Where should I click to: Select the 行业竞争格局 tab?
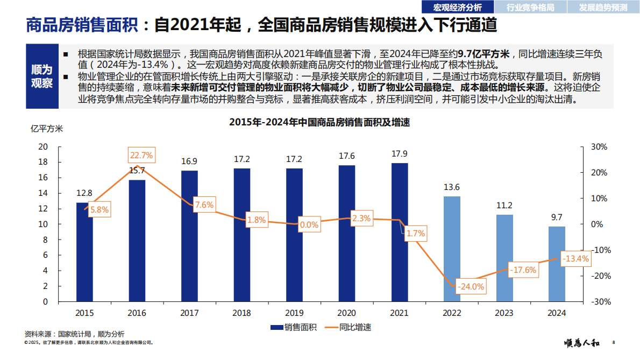click(530, 7)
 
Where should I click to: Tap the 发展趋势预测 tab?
click(603, 7)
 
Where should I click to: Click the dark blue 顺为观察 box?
click(41, 76)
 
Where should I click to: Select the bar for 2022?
click(452, 249)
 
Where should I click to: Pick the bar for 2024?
click(557, 264)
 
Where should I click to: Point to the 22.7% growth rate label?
click(141, 156)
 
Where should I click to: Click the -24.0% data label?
click(471, 287)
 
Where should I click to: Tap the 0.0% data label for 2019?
click(309, 225)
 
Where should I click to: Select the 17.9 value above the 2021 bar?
click(400, 153)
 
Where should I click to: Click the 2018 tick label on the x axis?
click(242, 313)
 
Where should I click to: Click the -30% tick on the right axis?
click(599, 302)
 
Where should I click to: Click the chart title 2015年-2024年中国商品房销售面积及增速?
click(319, 122)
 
